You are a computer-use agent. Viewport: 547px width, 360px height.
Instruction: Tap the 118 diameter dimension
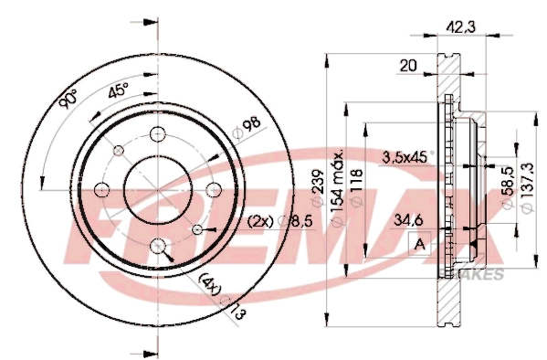pyautogui.click(x=358, y=181)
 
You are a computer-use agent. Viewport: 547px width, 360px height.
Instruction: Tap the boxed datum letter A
pyautogui.click(x=420, y=244)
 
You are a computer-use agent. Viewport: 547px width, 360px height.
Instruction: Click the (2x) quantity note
pyautogui.click(x=262, y=222)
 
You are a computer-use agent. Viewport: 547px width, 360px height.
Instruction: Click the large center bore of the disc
pyautogui.click(x=158, y=189)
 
